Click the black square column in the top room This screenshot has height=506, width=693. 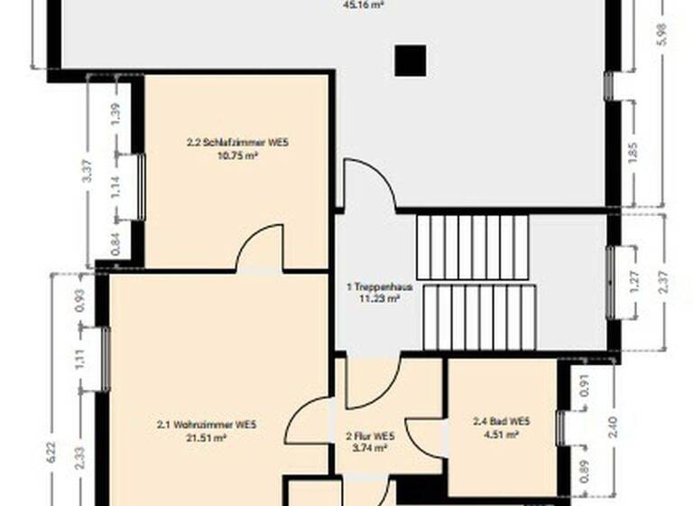click(x=411, y=61)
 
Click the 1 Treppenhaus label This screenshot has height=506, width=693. click(x=380, y=286)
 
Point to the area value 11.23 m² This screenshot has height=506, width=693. click(x=380, y=298)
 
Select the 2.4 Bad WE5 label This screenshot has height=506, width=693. click(x=502, y=422)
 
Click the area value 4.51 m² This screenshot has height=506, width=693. click(x=502, y=435)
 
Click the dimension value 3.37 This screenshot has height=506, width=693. click(x=87, y=172)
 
